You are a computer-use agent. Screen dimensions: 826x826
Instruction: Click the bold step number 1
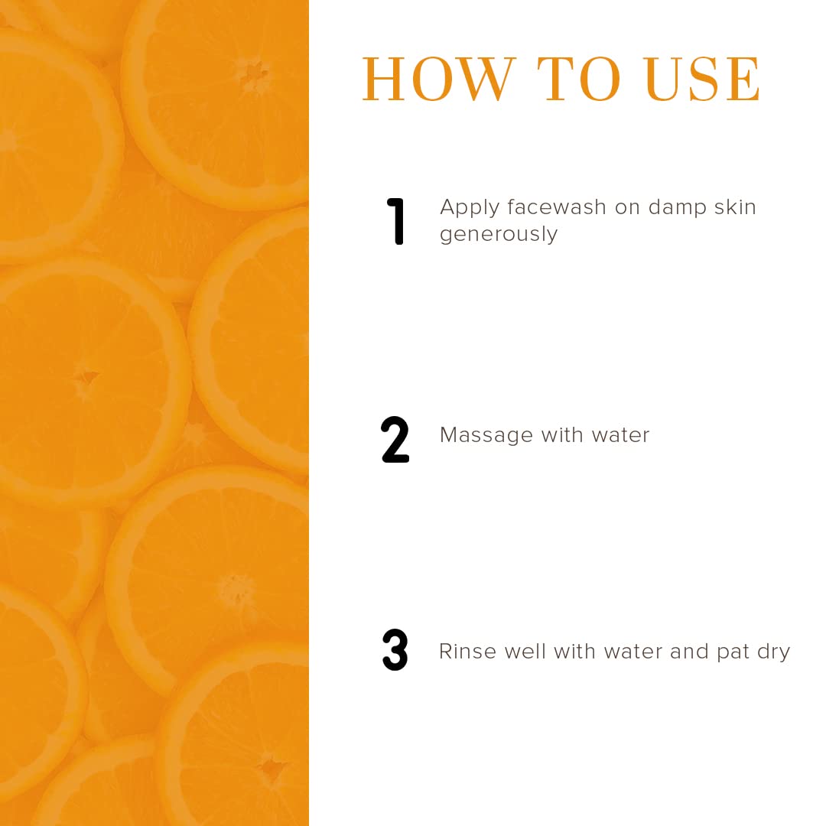(x=395, y=222)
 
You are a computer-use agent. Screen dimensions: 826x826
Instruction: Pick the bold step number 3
(x=395, y=651)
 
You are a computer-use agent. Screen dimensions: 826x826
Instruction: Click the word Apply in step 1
(x=470, y=208)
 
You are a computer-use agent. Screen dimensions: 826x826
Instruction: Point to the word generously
(x=499, y=234)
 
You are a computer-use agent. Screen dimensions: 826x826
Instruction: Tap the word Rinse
(x=464, y=651)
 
